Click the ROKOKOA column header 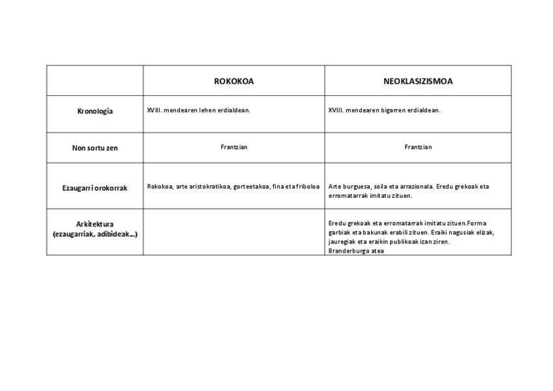coord(233,82)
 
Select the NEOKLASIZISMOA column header coord(418,82)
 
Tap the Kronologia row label coord(95,111)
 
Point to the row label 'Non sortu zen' coord(95,148)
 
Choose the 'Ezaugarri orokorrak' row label coord(95,188)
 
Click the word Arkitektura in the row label coord(95,224)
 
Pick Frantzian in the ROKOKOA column coord(234,147)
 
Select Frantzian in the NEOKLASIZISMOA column coord(418,147)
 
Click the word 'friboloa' coord(307,187)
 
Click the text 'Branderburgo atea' coord(356,251)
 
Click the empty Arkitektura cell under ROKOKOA coord(234,232)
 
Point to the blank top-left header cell coord(95,81)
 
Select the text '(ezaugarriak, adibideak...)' coord(95,234)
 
